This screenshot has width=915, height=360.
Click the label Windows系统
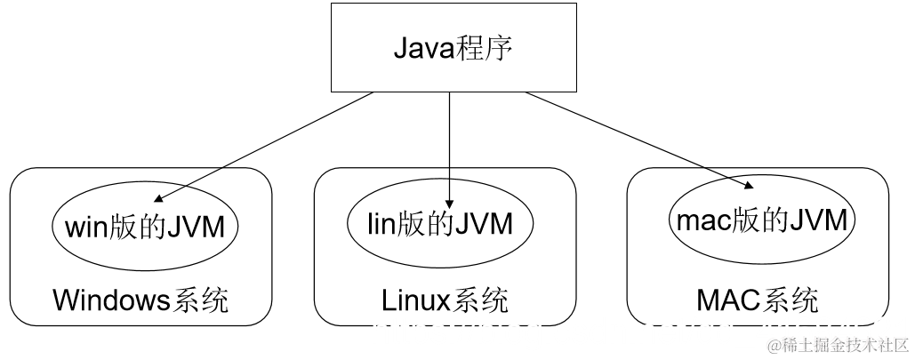141,300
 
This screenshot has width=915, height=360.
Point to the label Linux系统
445,300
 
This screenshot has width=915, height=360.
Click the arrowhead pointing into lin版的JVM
450,203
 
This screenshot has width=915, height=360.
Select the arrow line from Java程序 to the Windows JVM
267,145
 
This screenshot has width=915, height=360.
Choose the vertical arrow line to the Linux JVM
450,142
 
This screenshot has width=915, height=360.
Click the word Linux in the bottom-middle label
413,300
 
